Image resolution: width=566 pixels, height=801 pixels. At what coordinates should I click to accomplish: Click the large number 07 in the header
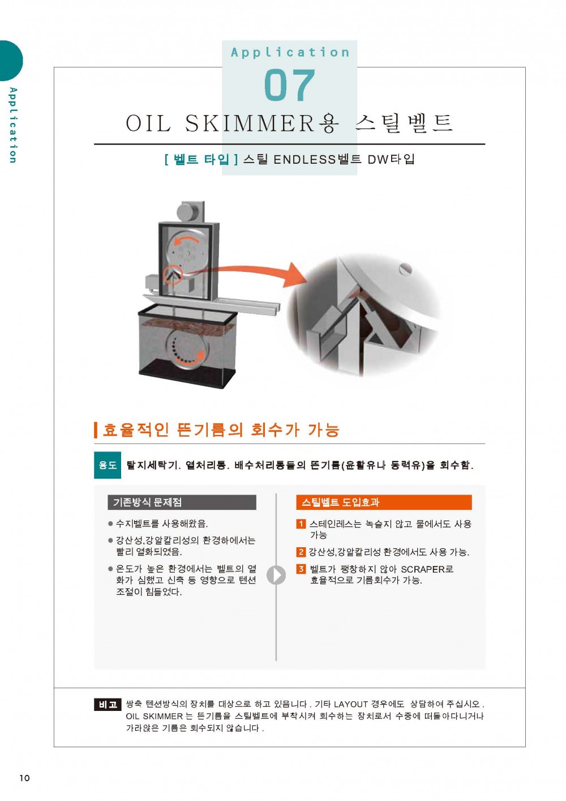290,85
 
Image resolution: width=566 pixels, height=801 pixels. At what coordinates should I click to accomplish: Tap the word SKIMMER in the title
250,123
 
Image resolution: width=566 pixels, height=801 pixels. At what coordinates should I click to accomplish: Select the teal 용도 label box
108,465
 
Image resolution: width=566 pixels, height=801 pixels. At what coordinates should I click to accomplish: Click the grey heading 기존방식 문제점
182,502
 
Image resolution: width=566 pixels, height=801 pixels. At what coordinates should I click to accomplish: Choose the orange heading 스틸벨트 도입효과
384,502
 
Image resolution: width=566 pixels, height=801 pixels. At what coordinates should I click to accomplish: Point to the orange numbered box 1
301,524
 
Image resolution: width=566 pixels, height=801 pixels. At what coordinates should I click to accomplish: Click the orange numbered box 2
301,552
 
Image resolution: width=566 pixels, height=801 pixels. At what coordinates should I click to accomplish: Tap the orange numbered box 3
301,569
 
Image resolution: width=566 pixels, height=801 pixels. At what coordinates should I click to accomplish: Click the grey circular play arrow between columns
276,575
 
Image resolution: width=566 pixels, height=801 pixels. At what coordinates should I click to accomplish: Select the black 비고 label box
108,704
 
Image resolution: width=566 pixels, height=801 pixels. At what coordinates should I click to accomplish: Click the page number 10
25,778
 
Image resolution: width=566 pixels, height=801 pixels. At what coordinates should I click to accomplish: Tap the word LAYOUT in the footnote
350,704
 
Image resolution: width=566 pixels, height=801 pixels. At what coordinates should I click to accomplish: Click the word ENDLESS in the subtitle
305,160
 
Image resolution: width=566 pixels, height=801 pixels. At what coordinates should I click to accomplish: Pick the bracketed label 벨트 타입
201,159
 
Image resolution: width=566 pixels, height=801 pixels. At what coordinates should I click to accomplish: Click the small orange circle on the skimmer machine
173,275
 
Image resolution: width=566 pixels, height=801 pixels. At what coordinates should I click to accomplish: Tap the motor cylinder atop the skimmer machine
190,211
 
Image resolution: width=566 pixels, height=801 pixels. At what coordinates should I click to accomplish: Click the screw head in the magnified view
405,269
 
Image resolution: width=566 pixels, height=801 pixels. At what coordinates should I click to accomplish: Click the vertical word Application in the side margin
13,125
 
